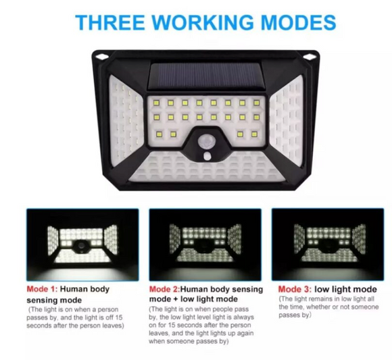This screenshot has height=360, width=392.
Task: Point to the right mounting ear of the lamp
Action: pyautogui.click(x=312, y=56)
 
